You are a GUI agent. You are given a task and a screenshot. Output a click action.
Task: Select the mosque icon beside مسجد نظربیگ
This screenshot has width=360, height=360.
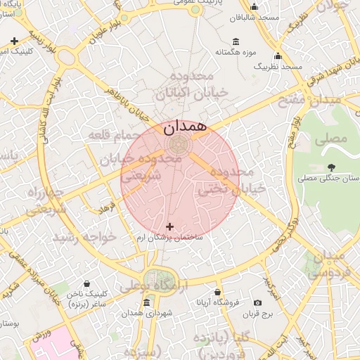[278, 56]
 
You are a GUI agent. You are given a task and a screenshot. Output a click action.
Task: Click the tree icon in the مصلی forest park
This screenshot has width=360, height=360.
[331, 167]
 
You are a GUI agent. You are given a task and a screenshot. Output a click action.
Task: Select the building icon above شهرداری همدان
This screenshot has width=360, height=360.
[146, 302]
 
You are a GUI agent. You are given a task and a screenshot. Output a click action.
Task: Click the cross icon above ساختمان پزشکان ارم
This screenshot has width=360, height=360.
[169, 226]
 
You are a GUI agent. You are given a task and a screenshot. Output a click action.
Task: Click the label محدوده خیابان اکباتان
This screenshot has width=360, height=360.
[191, 84]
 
